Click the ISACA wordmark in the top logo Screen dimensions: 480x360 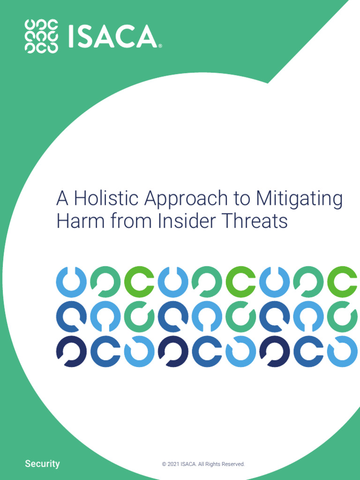tap(112, 37)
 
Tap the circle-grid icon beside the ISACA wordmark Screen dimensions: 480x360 tap(41, 37)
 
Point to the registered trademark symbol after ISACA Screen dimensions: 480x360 tap(160, 46)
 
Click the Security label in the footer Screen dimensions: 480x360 tap(42, 464)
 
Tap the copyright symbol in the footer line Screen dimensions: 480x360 tap(164, 464)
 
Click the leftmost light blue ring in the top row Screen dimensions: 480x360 tap(71, 282)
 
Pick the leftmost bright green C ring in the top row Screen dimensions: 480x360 tap(139, 282)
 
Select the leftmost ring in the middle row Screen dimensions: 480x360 tap(71, 317)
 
